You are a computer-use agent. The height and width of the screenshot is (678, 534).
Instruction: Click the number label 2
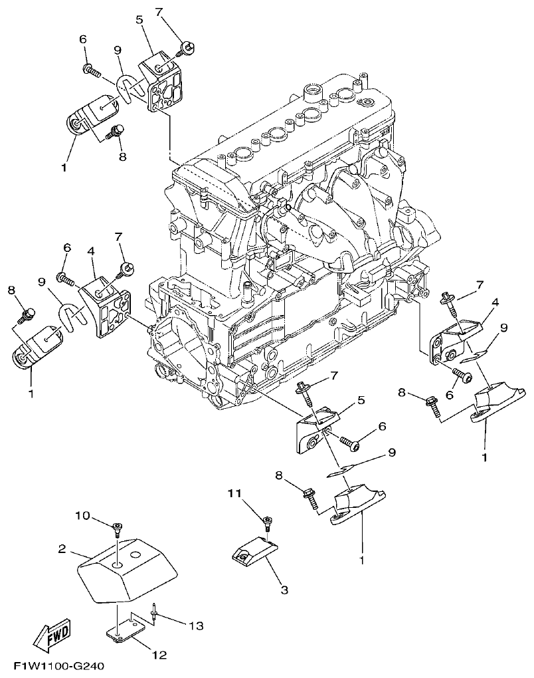62,548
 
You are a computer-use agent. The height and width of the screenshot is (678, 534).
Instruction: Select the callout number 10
82,515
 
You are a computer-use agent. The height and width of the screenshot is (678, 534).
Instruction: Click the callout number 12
159,655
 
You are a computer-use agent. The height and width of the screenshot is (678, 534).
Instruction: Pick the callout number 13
195,625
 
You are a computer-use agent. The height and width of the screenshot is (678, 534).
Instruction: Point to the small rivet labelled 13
154,613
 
